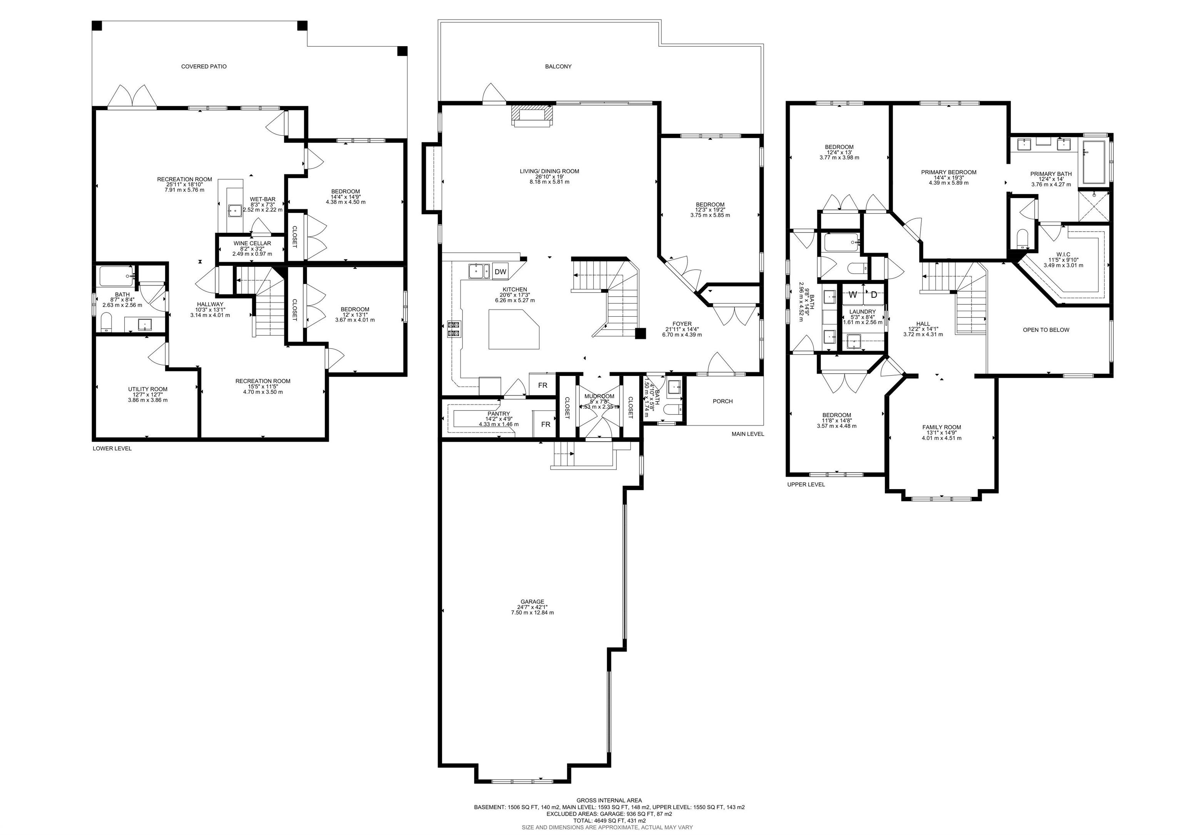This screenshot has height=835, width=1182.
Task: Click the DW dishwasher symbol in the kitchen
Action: tap(500, 272)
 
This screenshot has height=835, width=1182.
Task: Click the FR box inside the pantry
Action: tap(545, 424)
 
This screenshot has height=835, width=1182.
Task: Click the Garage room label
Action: tap(532, 602)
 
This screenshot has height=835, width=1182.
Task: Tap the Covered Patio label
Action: tap(204, 67)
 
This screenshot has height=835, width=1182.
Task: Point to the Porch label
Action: tap(723, 401)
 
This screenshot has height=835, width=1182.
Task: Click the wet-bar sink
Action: tap(235, 210)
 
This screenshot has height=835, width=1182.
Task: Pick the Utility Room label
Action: tap(148, 389)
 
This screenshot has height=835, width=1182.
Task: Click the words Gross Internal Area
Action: tap(609, 800)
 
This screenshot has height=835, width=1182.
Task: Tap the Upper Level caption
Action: tap(806, 484)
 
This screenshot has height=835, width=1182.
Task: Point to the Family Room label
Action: tap(942, 427)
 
